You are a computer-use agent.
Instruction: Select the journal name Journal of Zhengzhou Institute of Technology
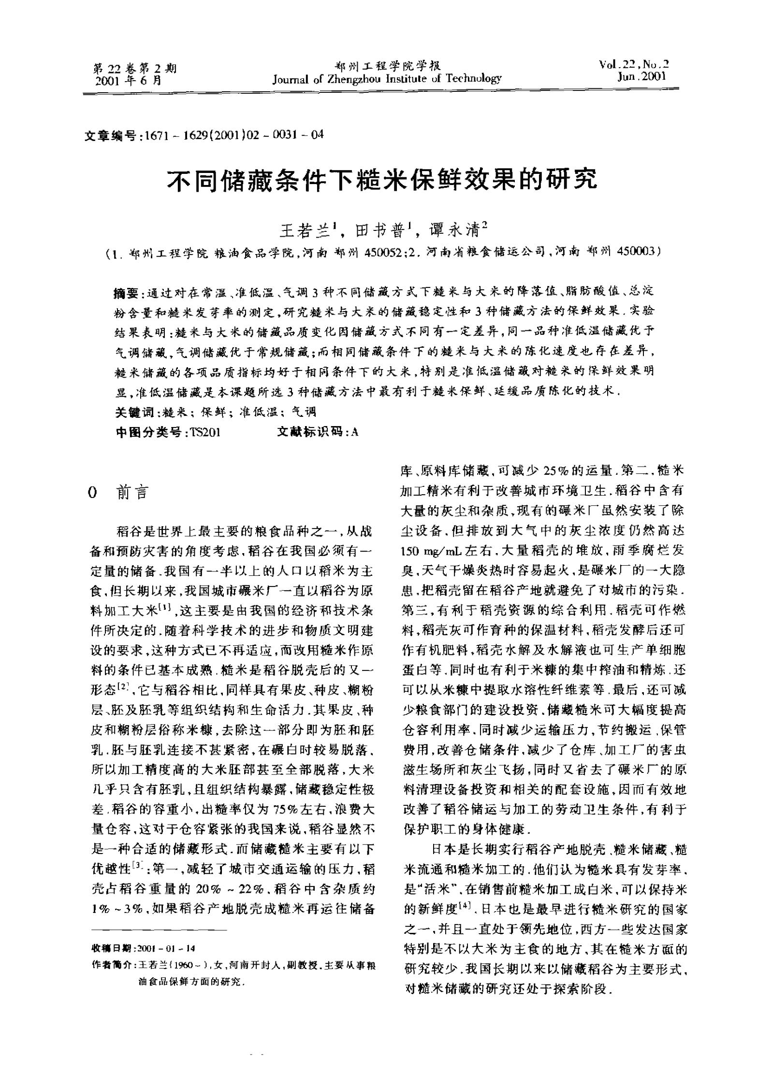coord(387,78)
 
